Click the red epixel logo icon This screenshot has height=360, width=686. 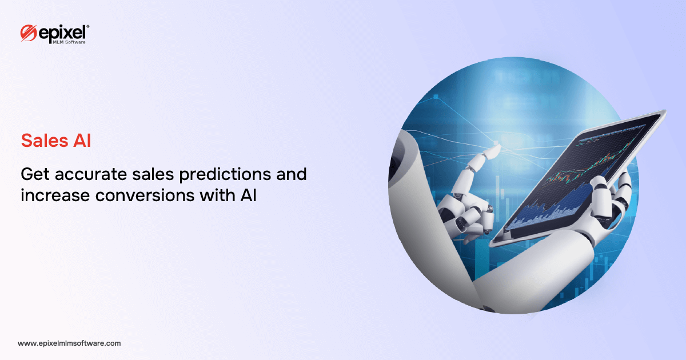point(29,33)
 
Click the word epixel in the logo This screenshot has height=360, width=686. point(62,33)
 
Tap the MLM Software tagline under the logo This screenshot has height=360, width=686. point(69,42)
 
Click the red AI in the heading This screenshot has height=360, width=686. point(82,141)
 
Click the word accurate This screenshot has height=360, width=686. point(91,175)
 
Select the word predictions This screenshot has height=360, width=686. point(225,175)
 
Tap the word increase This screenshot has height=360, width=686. point(55,195)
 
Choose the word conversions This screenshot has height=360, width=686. point(145,195)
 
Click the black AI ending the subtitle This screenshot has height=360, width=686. point(248,195)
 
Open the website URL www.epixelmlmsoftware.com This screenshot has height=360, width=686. point(69,343)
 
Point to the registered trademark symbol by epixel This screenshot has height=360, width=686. point(88,27)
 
